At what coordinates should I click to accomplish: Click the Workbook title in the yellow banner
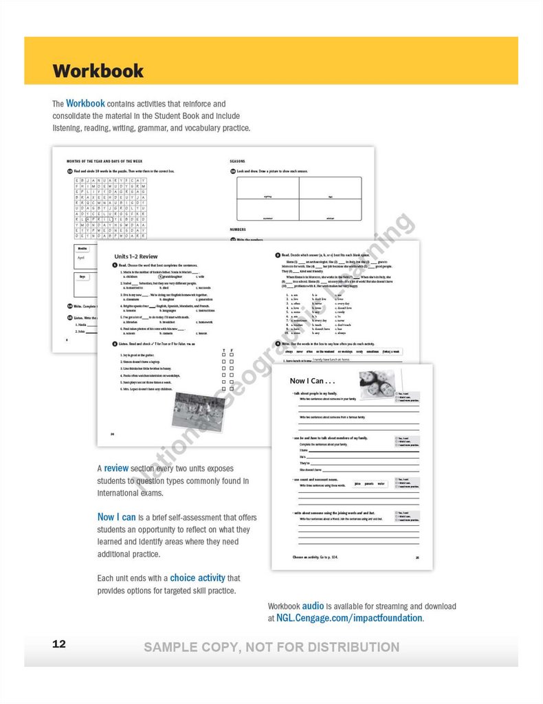point(98,71)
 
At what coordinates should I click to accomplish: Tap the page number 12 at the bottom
point(59,644)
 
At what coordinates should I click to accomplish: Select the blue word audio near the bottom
point(313,606)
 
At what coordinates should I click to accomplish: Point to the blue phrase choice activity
point(205,578)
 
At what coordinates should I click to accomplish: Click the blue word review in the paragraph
point(116,468)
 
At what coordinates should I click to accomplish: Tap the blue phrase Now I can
point(116,518)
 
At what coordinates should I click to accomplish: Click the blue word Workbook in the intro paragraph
point(85,104)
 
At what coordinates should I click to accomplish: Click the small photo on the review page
point(199,412)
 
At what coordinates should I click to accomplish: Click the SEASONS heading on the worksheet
point(237,162)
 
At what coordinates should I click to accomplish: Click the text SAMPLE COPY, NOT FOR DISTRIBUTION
point(271,647)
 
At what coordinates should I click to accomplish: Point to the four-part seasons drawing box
point(299,199)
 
